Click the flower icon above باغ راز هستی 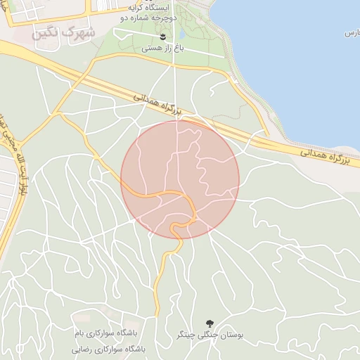coord(162,36)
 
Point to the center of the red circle coord(180,179)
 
